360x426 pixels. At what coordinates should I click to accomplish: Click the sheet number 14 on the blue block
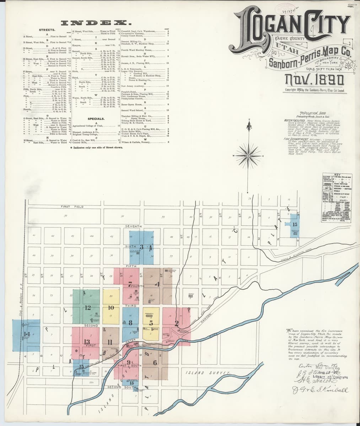pos(27,334)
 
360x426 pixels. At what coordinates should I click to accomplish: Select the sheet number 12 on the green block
pos(87,308)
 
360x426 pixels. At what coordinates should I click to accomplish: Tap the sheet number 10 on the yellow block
pos(111,308)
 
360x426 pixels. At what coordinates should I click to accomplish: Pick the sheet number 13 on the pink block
pos(87,342)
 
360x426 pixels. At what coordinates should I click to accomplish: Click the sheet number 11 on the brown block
pos(110,342)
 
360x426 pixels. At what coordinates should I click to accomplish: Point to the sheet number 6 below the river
pos(155,362)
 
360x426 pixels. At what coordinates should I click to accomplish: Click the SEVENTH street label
pos(133,226)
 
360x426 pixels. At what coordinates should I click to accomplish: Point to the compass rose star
pos(249,155)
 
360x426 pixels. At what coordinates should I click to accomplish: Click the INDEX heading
pos(97,23)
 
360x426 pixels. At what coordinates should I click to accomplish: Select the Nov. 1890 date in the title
pos(315,80)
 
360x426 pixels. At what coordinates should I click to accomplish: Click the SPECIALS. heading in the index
pos(96,119)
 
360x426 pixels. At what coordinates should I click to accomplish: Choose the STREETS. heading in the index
pos(47,31)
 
